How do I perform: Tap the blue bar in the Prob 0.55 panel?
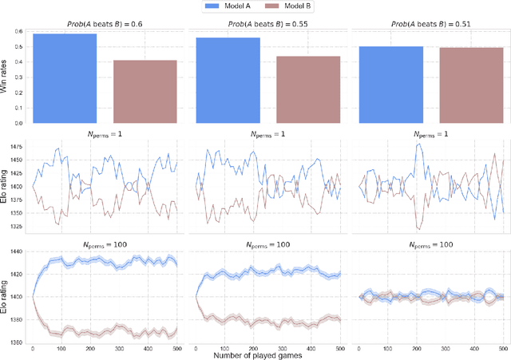click(x=228, y=81)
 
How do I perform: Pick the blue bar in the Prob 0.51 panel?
click(x=391, y=85)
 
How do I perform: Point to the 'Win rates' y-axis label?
click(x=6, y=77)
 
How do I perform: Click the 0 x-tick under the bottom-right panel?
click(x=359, y=349)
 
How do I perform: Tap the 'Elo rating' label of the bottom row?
click(x=6, y=295)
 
